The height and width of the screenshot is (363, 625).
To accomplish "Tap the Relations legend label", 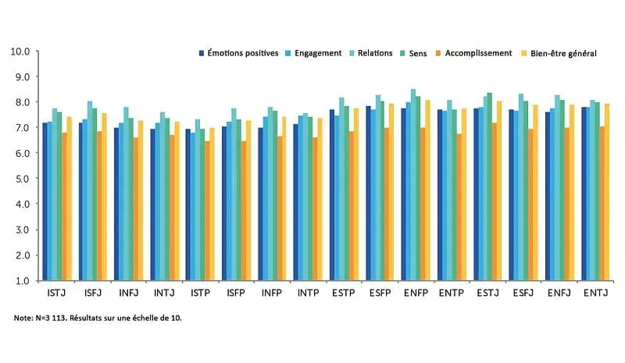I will click(373, 53).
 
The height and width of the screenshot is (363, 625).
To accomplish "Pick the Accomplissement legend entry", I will click(471, 53).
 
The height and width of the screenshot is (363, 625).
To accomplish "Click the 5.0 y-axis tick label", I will click(21, 179).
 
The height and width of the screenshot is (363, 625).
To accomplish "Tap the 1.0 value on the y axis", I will click(21, 280).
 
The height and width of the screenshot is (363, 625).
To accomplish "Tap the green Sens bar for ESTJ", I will click(490, 187).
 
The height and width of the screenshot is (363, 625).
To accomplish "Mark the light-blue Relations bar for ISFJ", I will click(90, 191).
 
